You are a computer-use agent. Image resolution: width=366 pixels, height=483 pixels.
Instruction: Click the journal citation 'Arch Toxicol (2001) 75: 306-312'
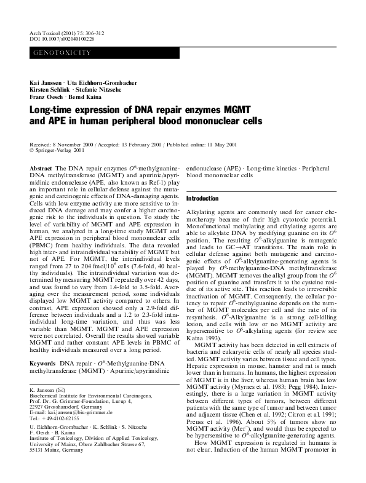click(64, 31)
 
